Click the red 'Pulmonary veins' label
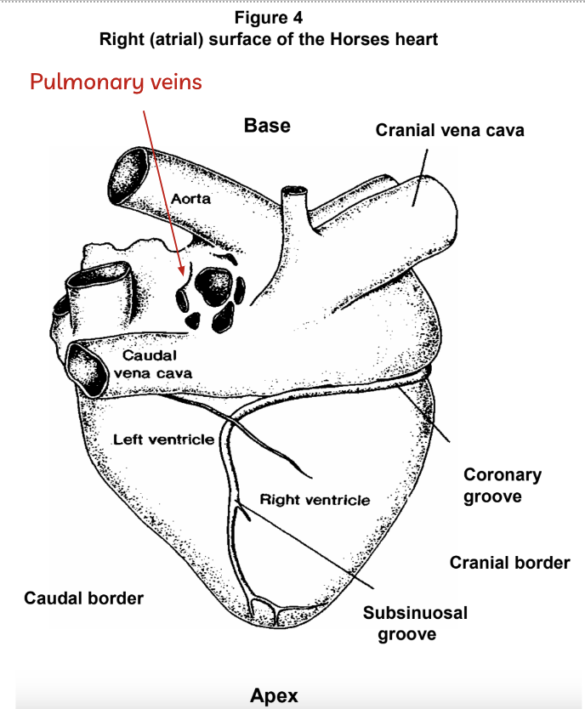[116, 82]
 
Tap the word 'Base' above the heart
[267, 125]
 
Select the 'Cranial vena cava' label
[450, 130]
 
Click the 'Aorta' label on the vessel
[190, 198]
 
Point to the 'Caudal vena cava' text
[153, 364]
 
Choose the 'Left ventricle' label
[163, 440]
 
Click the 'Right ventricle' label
[315, 500]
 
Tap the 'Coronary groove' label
[503, 485]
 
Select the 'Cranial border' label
[509, 563]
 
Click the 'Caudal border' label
[83, 598]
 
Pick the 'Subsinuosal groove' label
[415, 623]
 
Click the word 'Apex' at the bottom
[274, 695]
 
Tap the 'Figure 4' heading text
[269, 18]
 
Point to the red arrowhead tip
[182, 275]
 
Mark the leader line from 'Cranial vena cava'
[420, 178]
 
